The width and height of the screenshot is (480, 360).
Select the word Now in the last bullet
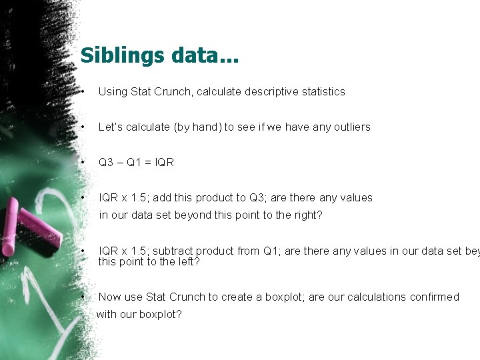110,297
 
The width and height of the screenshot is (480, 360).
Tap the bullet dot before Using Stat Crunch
81,91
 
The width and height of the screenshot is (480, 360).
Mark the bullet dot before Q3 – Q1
81,162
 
